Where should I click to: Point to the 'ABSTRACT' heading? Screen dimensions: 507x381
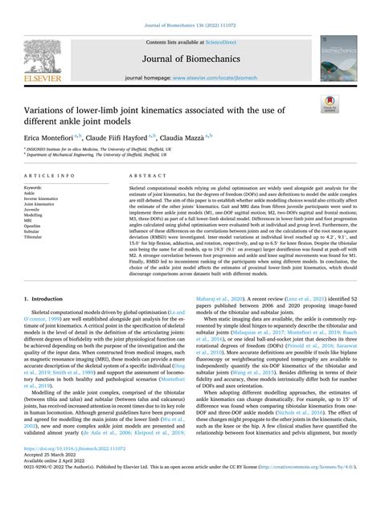click(x=142, y=174)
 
